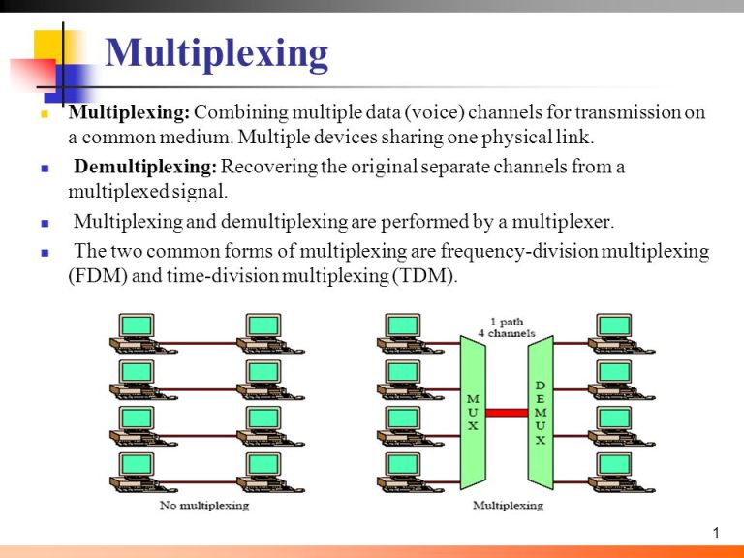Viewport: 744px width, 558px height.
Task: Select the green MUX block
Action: (473, 413)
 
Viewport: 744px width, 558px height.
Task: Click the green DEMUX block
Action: (540, 413)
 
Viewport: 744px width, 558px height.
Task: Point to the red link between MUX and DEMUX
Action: (506, 412)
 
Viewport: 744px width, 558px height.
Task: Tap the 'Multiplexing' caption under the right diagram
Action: (507, 505)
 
